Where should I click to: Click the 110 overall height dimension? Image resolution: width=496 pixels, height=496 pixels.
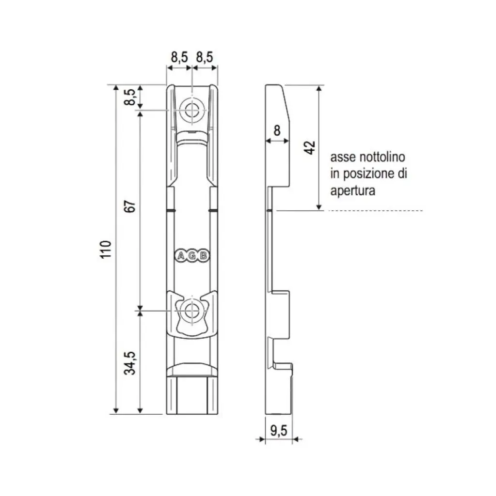(107, 249)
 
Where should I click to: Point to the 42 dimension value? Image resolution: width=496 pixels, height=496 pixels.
(310, 147)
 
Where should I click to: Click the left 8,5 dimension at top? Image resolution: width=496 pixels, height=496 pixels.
(179, 57)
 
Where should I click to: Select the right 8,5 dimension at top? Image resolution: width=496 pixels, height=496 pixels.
(204, 57)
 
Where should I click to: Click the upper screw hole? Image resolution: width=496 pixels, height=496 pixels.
(191, 110)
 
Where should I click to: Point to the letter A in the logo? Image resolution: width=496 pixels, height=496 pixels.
(180, 256)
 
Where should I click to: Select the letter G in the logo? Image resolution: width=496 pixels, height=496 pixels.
(192, 256)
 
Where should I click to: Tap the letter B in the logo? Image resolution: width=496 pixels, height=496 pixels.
(203, 256)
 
